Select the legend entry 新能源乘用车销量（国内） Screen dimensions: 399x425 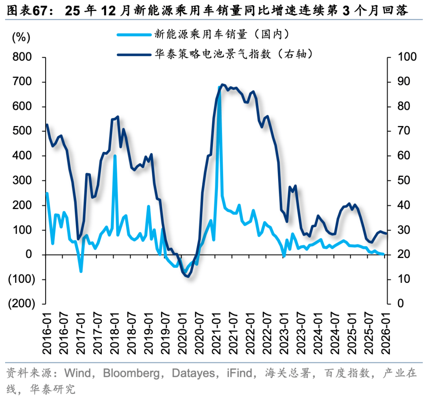click(222, 34)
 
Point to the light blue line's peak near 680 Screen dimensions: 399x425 click(219, 87)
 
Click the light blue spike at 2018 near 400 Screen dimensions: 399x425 click(115, 156)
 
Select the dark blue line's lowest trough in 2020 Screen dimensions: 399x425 click(187, 276)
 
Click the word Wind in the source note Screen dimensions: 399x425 click(78, 373)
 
